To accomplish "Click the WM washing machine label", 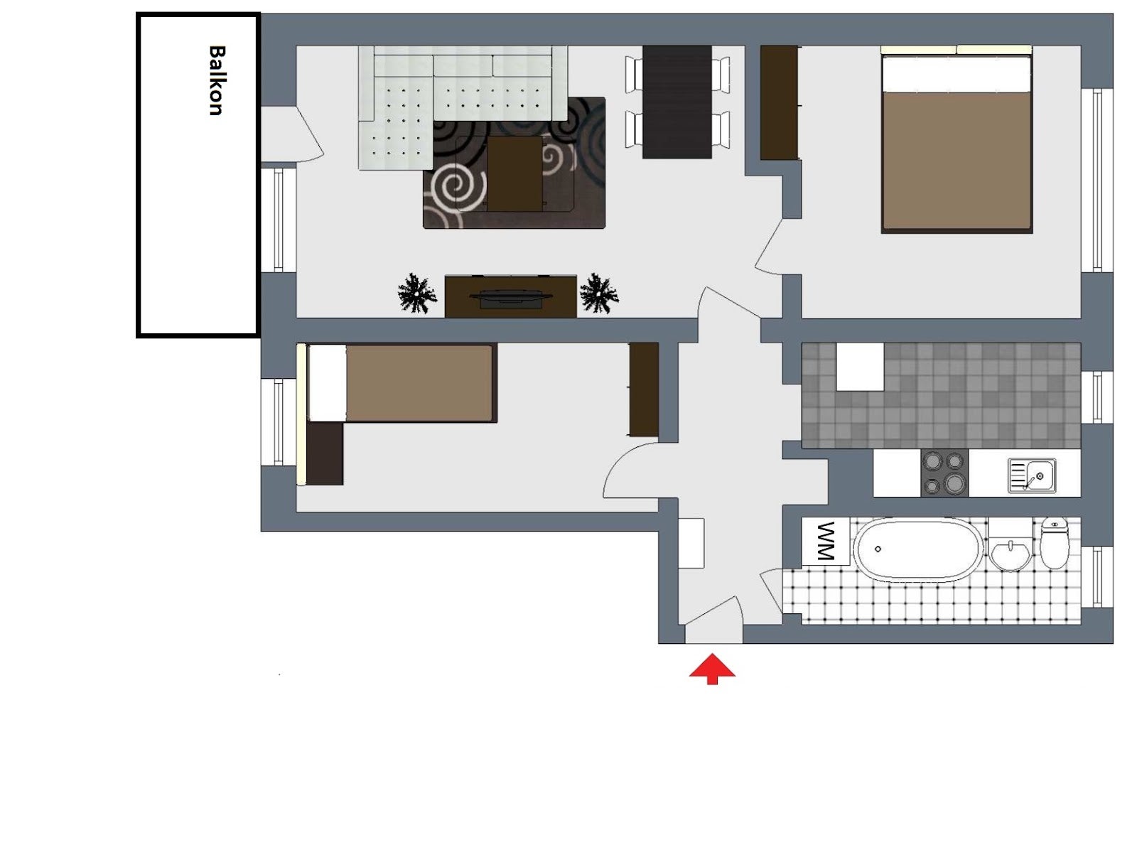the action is point(825,541).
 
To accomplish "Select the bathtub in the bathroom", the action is point(918,549).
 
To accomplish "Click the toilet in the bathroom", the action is point(1055,543).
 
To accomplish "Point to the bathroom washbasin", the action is point(1009,554).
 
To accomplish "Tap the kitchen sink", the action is point(1031,475).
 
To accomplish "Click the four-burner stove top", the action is point(944,473).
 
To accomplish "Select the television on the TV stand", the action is point(511,298).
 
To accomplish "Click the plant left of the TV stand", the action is point(416,294).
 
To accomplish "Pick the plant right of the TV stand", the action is point(599,294).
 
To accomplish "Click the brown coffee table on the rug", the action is point(514,173).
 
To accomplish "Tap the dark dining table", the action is point(677,102).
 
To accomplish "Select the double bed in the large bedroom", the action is point(956,139).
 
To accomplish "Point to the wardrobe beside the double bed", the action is point(779,102).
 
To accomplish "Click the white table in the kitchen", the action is point(860,366).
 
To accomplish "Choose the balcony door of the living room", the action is point(291,134).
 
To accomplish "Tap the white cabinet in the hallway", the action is point(691,543).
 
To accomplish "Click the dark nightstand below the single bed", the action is point(325,454).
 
